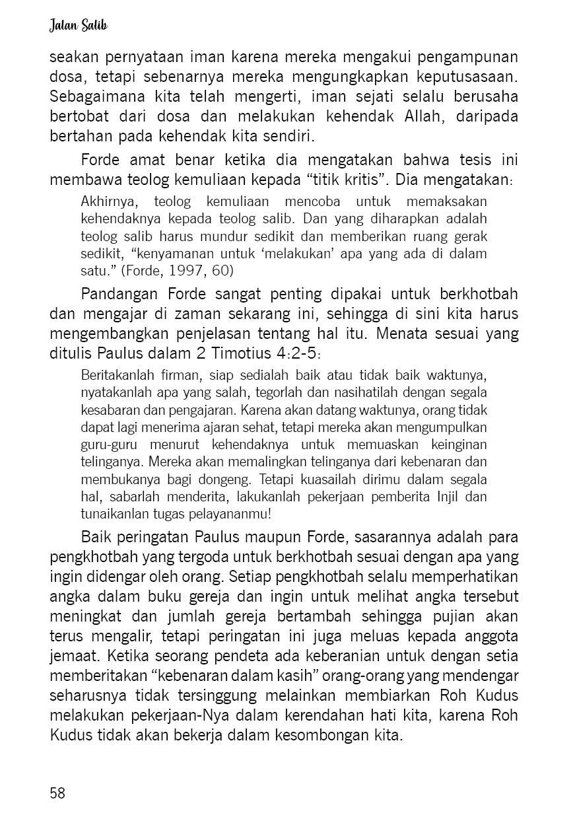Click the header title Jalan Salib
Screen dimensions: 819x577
[77, 26]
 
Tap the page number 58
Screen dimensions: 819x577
[57, 793]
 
